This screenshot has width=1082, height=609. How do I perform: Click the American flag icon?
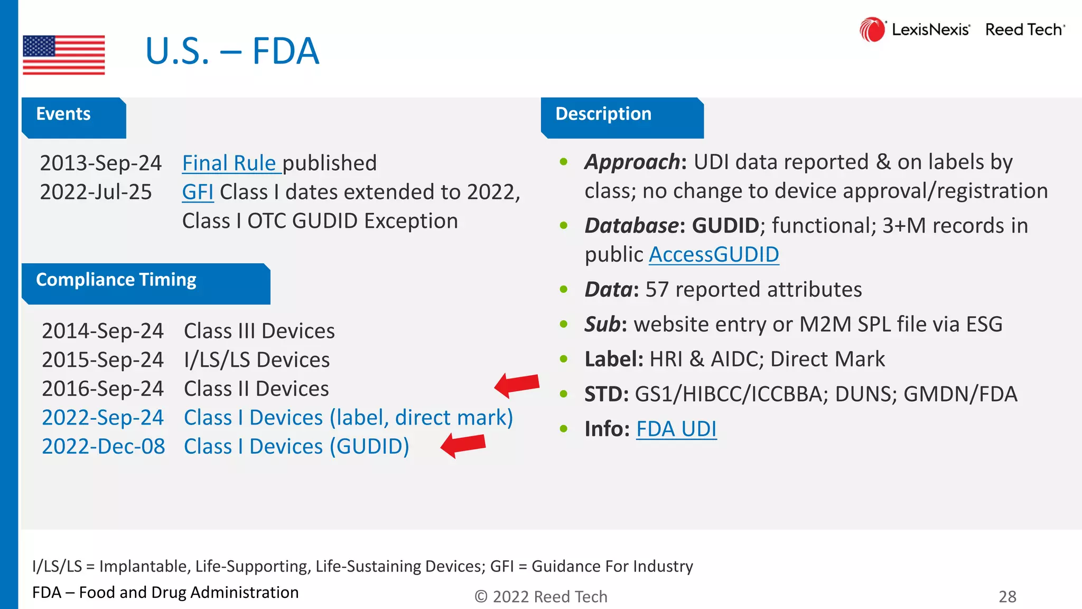[x=64, y=54]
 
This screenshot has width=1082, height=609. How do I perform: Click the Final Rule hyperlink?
[x=229, y=163]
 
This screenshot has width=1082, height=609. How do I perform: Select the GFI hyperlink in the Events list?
[x=198, y=192]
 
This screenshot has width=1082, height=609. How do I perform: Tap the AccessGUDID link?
[x=714, y=255]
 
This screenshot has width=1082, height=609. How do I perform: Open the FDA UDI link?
[x=676, y=429]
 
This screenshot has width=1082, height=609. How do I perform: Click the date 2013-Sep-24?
[x=100, y=163]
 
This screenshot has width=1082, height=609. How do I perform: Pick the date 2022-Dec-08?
[x=104, y=447]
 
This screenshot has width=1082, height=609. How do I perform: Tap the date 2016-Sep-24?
[x=102, y=389]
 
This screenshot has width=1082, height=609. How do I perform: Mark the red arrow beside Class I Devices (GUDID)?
[x=463, y=445]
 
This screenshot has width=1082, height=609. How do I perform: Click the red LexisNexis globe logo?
[x=872, y=30]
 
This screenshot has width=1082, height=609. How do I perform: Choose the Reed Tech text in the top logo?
[x=1024, y=30]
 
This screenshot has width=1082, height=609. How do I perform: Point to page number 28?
[x=1007, y=596]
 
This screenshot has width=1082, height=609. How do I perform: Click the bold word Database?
[x=632, y=226]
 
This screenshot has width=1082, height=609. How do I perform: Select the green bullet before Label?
[x=564, y=359]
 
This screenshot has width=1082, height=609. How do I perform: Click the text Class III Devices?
[x=259, y=331]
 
